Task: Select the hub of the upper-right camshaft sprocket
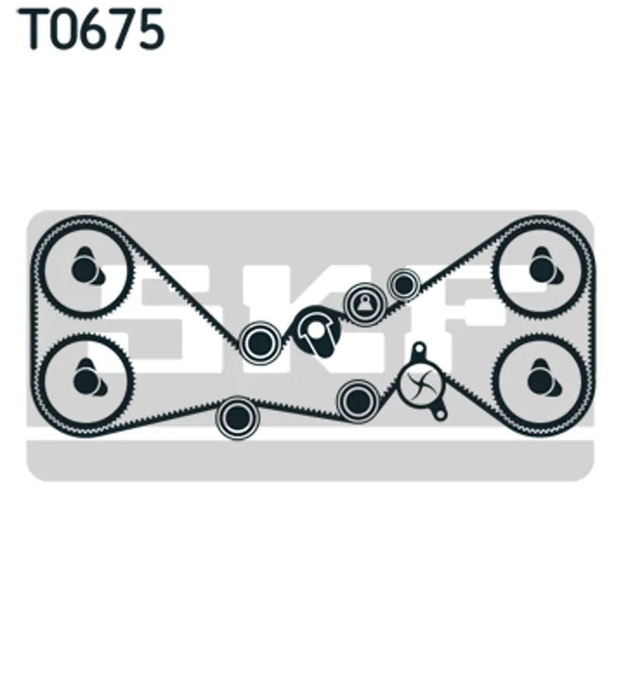pos(542,269)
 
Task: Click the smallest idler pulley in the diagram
pos(403,285)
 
